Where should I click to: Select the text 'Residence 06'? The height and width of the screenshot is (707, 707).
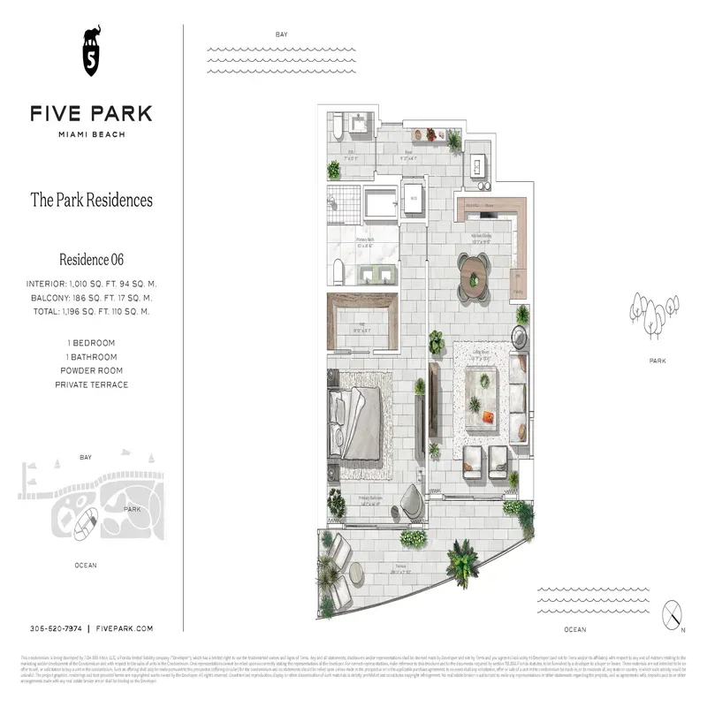[x=91, y=259]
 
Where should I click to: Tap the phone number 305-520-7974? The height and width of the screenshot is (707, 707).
[x=56, y=627]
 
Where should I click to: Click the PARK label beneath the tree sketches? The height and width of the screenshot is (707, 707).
[x=657, y=361]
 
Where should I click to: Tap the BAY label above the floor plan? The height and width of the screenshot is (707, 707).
[x=281, y=34]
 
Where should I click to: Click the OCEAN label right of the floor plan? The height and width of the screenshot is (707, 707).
[x=574, y=629]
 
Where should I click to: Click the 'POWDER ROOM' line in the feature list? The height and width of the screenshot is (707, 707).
[x=91, y=370]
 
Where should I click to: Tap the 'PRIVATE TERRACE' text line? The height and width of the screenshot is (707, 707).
[x=91, y=384]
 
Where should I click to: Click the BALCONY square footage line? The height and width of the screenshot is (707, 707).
[x=91, y=298]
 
